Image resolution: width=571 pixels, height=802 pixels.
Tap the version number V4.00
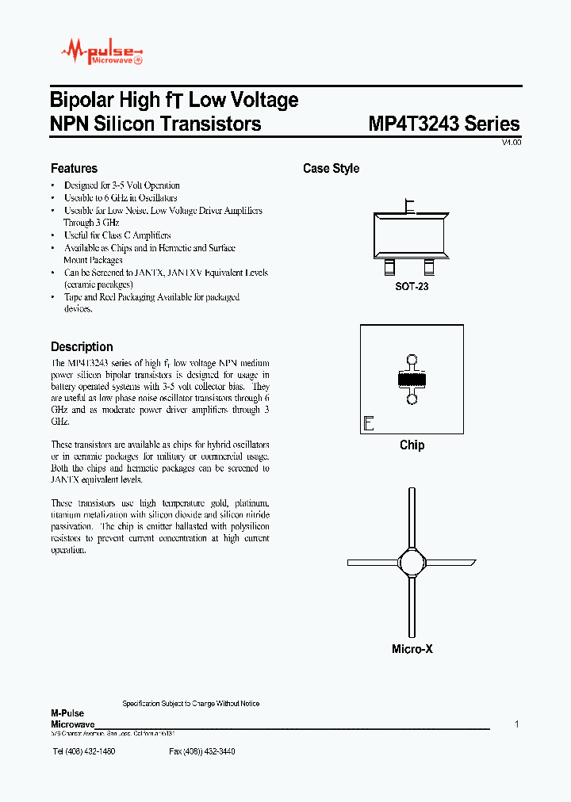(511, 143)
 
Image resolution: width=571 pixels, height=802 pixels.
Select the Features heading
(74, 168)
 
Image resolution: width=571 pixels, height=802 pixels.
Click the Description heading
(82, 346)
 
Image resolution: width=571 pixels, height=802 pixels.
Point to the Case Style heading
(331, 168)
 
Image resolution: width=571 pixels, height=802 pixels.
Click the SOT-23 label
(412, 286)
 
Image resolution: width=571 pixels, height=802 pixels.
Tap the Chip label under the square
(412, 445)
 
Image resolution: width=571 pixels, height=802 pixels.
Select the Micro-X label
(412, 649)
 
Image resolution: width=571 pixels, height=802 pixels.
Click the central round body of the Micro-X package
(412, 563)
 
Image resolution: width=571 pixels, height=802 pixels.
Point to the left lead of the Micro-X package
(373, 563)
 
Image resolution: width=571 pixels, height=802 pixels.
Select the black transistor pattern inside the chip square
(412, 380)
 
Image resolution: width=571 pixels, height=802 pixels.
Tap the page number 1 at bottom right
(517, 724)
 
